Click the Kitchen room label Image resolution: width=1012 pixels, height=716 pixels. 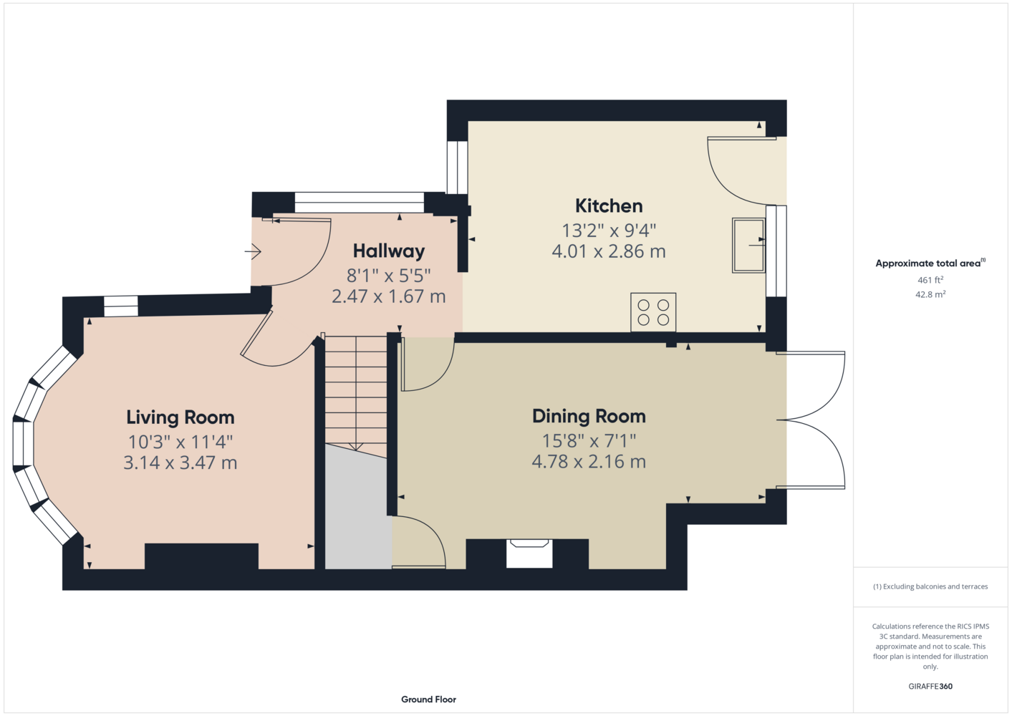click(x=609, y=206)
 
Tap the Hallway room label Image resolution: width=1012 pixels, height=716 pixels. click(x=388, y=251)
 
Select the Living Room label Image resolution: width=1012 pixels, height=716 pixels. click(x=180, y=417)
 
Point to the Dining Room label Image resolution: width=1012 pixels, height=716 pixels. click(x=589, y=416)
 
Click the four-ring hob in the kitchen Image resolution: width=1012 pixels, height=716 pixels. click(x=653, y=312)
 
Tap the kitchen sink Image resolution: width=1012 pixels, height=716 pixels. click(x=748, y=246)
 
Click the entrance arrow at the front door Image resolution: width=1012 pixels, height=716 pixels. click(x=253, y=251)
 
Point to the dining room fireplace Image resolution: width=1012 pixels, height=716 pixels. click(x=529, y=553)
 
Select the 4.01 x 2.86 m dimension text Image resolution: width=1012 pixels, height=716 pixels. click(x=609, y=251)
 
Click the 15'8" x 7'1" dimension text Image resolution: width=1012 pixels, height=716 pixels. click(x=589, y=440)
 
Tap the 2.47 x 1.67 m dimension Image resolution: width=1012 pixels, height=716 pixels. click(x=388, y=297)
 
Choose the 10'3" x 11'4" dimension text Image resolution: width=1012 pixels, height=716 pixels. click(x=180, y=442)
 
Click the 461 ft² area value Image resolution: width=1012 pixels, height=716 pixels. click(x=930, y=280)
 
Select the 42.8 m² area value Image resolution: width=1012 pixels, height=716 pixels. click(x=930, y=294)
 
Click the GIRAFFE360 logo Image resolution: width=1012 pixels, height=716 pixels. click(x=930, y=686)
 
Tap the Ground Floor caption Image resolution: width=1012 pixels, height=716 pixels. click(x=428, y=700)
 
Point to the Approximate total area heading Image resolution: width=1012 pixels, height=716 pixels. click(x=930, y=263)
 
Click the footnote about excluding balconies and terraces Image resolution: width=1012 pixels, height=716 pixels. click(x=930, y=586)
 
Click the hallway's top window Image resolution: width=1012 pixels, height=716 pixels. click(x=360, y=203)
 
